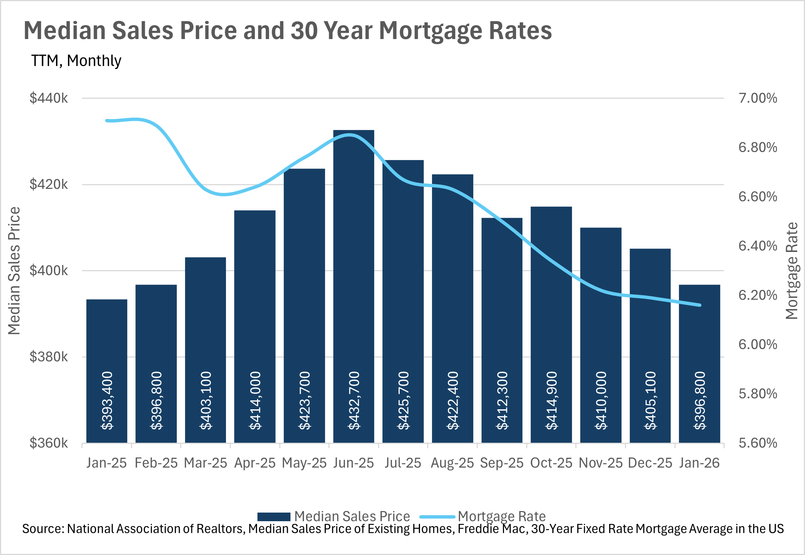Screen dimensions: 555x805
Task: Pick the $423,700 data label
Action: (304, 400)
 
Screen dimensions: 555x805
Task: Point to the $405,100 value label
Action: (650, 400)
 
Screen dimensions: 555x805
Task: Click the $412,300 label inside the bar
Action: (502, 400)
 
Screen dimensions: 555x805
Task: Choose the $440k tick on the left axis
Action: (49, 98)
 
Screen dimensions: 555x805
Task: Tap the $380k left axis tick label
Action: (49, 357)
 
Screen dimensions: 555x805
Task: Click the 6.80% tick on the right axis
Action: (757, 148)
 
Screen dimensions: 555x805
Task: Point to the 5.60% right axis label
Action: (757, 443)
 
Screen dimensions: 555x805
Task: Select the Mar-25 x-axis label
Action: (205, 463)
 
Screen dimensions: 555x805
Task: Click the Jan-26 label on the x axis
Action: (699, 463)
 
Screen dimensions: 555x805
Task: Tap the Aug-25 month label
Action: (452, 463)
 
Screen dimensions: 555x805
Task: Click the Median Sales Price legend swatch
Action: (274, 517)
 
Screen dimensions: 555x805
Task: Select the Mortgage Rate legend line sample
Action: (437, 517)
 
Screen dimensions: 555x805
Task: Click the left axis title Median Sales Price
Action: (14, 270)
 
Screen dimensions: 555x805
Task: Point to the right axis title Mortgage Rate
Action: (792, 270)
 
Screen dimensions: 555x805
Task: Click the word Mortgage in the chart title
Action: (429, 31)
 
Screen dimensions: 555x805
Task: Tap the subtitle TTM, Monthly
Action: (76, 61)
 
